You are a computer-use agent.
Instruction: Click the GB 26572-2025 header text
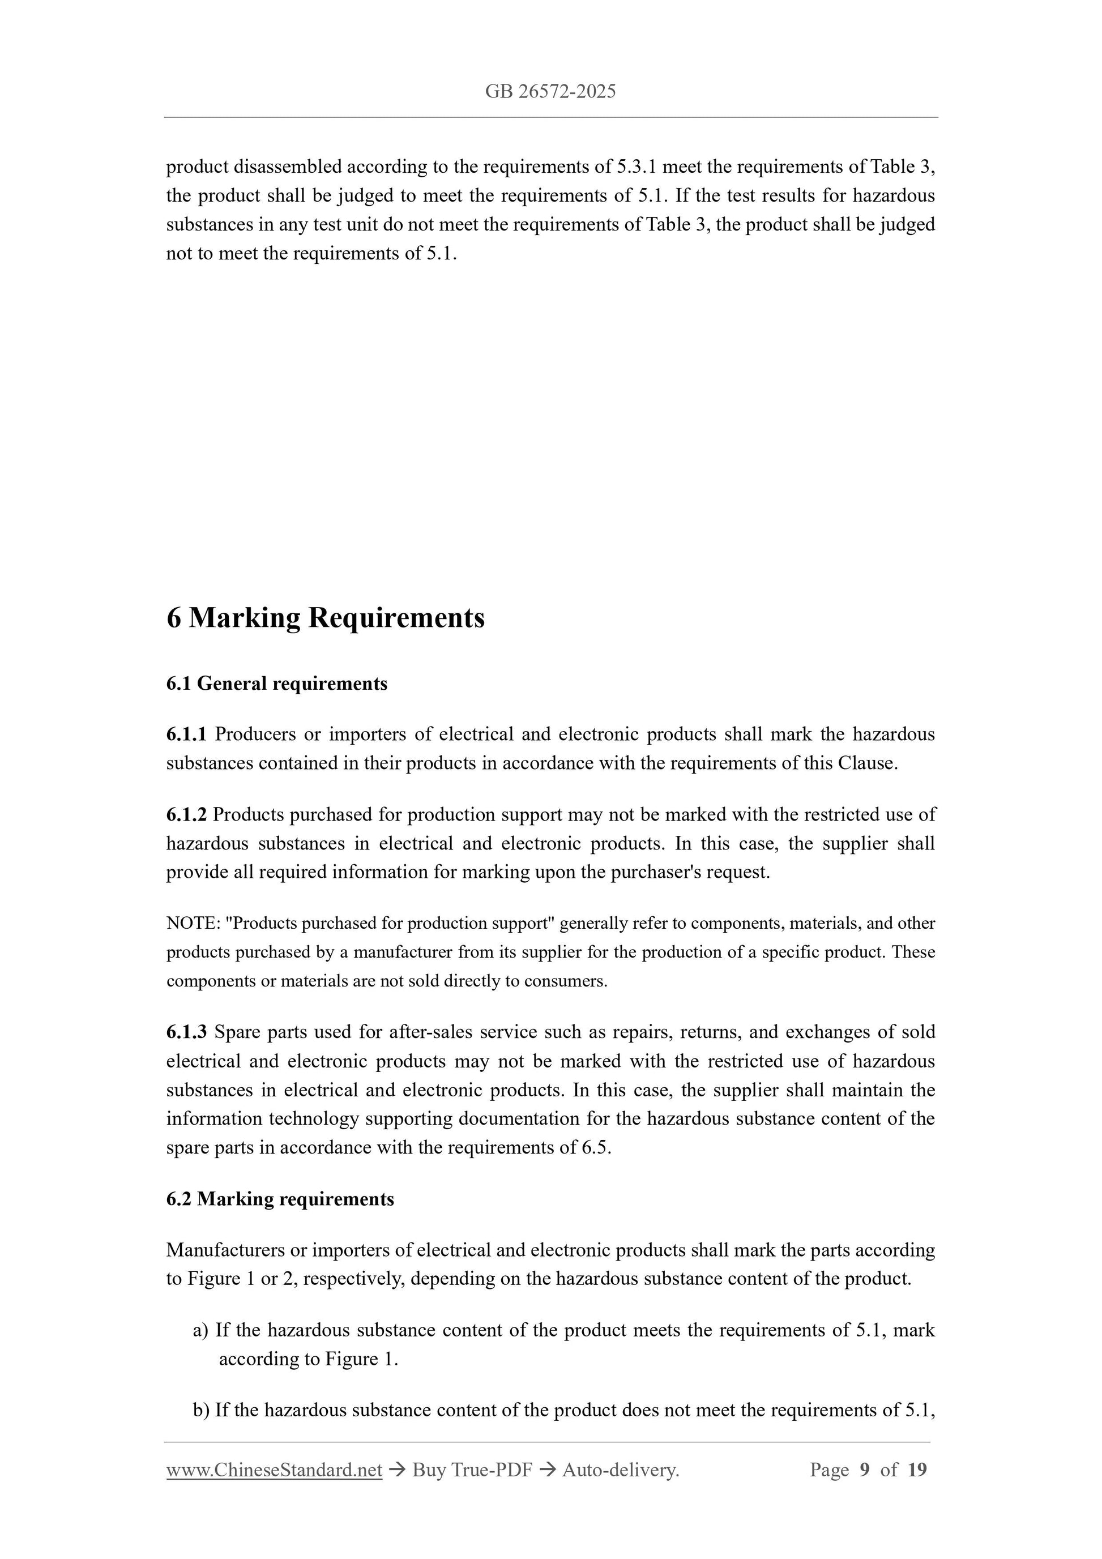click(x=550, y=92)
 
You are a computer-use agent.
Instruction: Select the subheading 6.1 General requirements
click(x=276, y=683)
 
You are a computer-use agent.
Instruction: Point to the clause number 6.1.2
click(x=186, y=814)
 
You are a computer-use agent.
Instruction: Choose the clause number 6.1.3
click(x=186, y=1032)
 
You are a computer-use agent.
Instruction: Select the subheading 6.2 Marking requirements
click(x=280, y=1199)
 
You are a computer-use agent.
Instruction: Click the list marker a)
click(x=201, y=1330)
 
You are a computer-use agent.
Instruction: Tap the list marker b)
click(x=201, y=1410)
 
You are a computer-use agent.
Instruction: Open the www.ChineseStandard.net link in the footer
click(x=274, y=1470)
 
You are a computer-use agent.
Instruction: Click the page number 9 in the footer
click(x=864, y=1470)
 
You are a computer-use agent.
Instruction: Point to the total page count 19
click(x=917, y=1470)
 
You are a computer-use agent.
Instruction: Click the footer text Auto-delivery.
click(x=621, y=1470)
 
